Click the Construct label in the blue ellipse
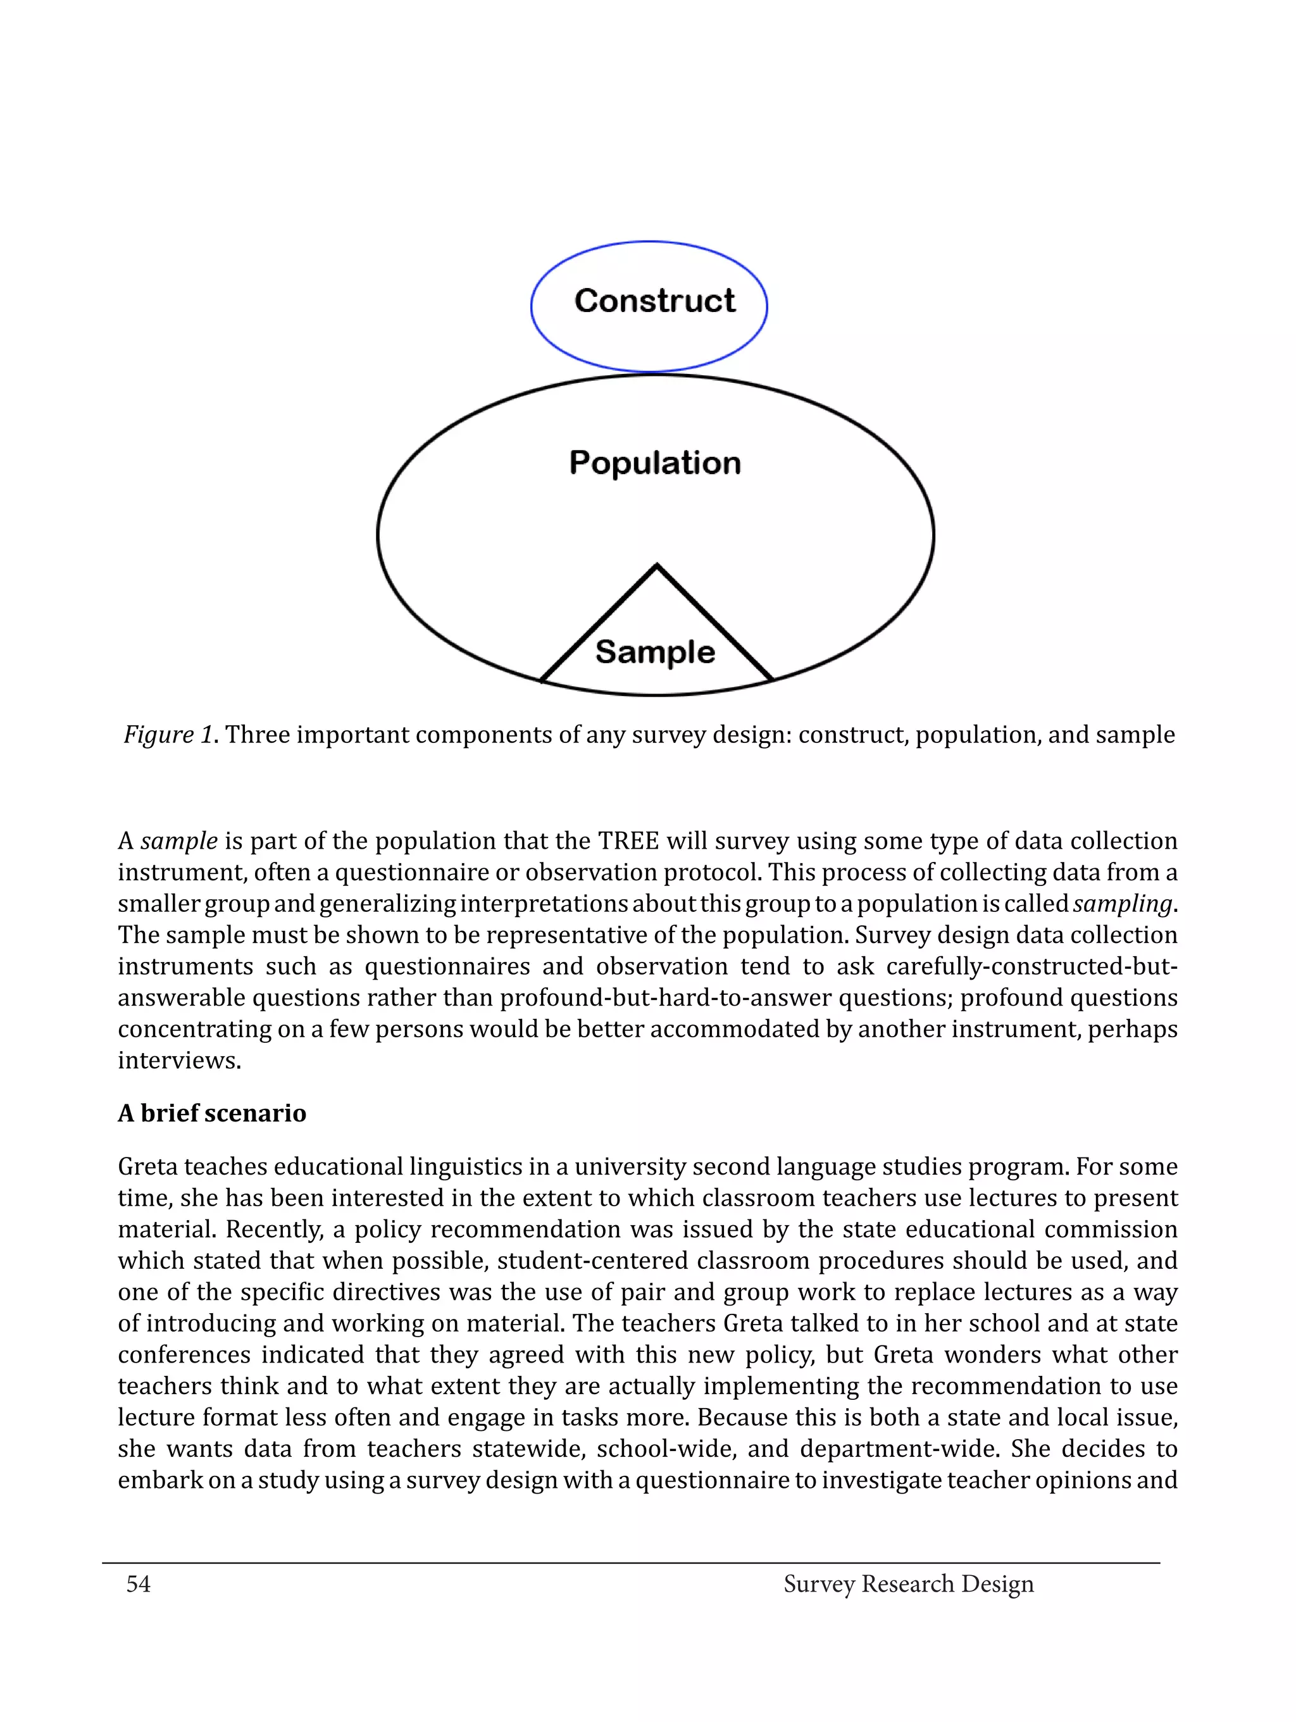[x=654, y=301]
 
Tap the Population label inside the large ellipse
[x=654, y=463]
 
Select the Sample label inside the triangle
[x=654, y=652]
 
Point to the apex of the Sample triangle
[x=657, y=566]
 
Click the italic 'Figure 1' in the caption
[x=167, y=735]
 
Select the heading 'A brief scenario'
[x=212, y=1113]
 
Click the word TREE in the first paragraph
[x=628, y=842]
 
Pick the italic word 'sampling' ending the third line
[x=1121, y=904]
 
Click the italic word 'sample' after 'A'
[x=179, y=842]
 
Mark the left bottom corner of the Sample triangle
[x=542, y=680]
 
